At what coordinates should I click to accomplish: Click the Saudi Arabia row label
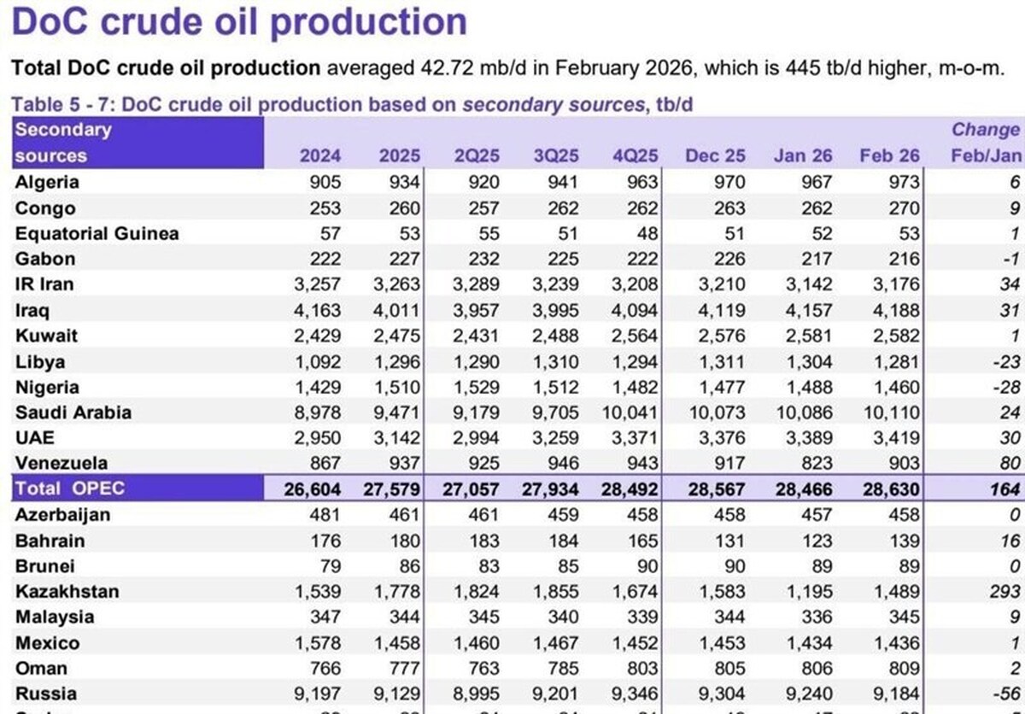click(x=73, y=413)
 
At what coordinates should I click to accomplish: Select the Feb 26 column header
click(x=889, y=156)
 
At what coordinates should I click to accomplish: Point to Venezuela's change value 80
click(x=1010, y=464)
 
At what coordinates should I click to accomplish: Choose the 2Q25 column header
click(x=478, y=156)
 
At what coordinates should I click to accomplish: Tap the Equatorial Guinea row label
click(x=97, y=233)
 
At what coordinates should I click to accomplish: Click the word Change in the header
click(x=986, y=130)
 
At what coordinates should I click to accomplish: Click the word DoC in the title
click(x=50, y=21)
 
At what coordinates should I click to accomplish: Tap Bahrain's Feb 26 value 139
click(x=904, y=541)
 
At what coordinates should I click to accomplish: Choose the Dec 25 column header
click(x=715, y=156)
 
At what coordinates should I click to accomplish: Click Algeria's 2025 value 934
click(x=400, y=182)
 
